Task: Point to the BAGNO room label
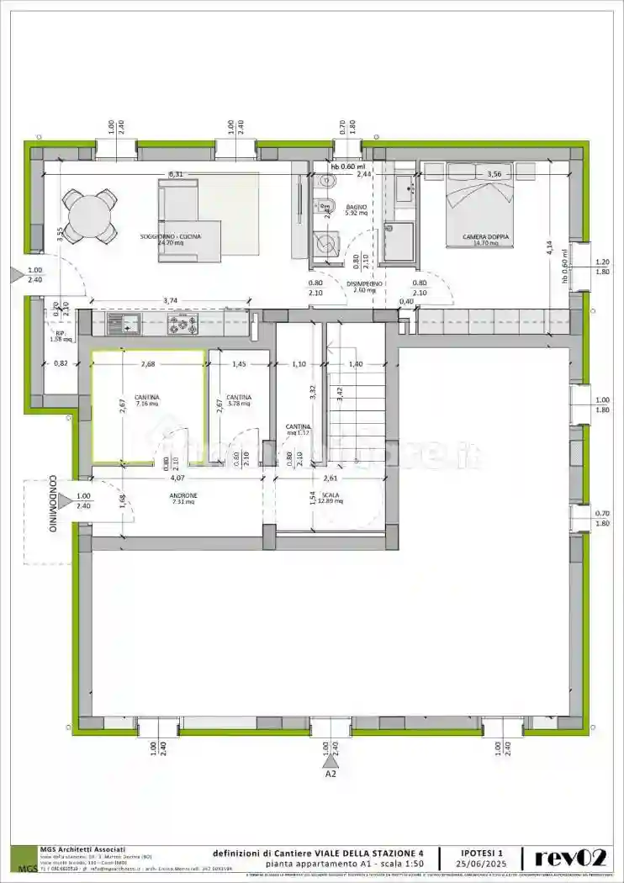pyautogui.click(x=354, y=206)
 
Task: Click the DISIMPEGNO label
pyautogui.click(x=364, y=284)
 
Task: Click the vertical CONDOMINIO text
pyautogui.click(x=52, y=505)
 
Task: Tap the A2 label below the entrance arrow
pyautogui.click(x=331, y=775)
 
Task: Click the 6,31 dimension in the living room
pyautogui.click(x=176, y=174)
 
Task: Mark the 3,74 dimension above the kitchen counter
pyautogui.click(x=170, y=300)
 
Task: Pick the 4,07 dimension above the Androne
pyautogui.click(x=177, y=478)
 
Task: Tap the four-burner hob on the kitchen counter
pyautogui.click(x=182, y=324)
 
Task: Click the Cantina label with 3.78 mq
pyautogui.click(x=239, y=400)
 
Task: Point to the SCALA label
pyautogui.click(x=331, y=496)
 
